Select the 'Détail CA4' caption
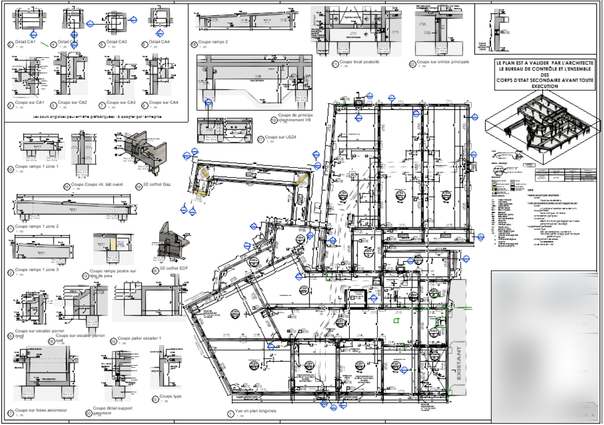coord(159,42)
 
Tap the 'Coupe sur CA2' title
coord(72,103)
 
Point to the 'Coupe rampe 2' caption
coord(213,42)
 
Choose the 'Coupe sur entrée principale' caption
coord(443,62)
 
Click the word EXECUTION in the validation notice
coord(545,86)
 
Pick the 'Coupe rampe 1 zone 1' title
coord(37,167)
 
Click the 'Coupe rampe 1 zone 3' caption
coord(37,270)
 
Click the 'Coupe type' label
coord(171,396)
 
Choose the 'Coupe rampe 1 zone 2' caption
coord(37,226)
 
